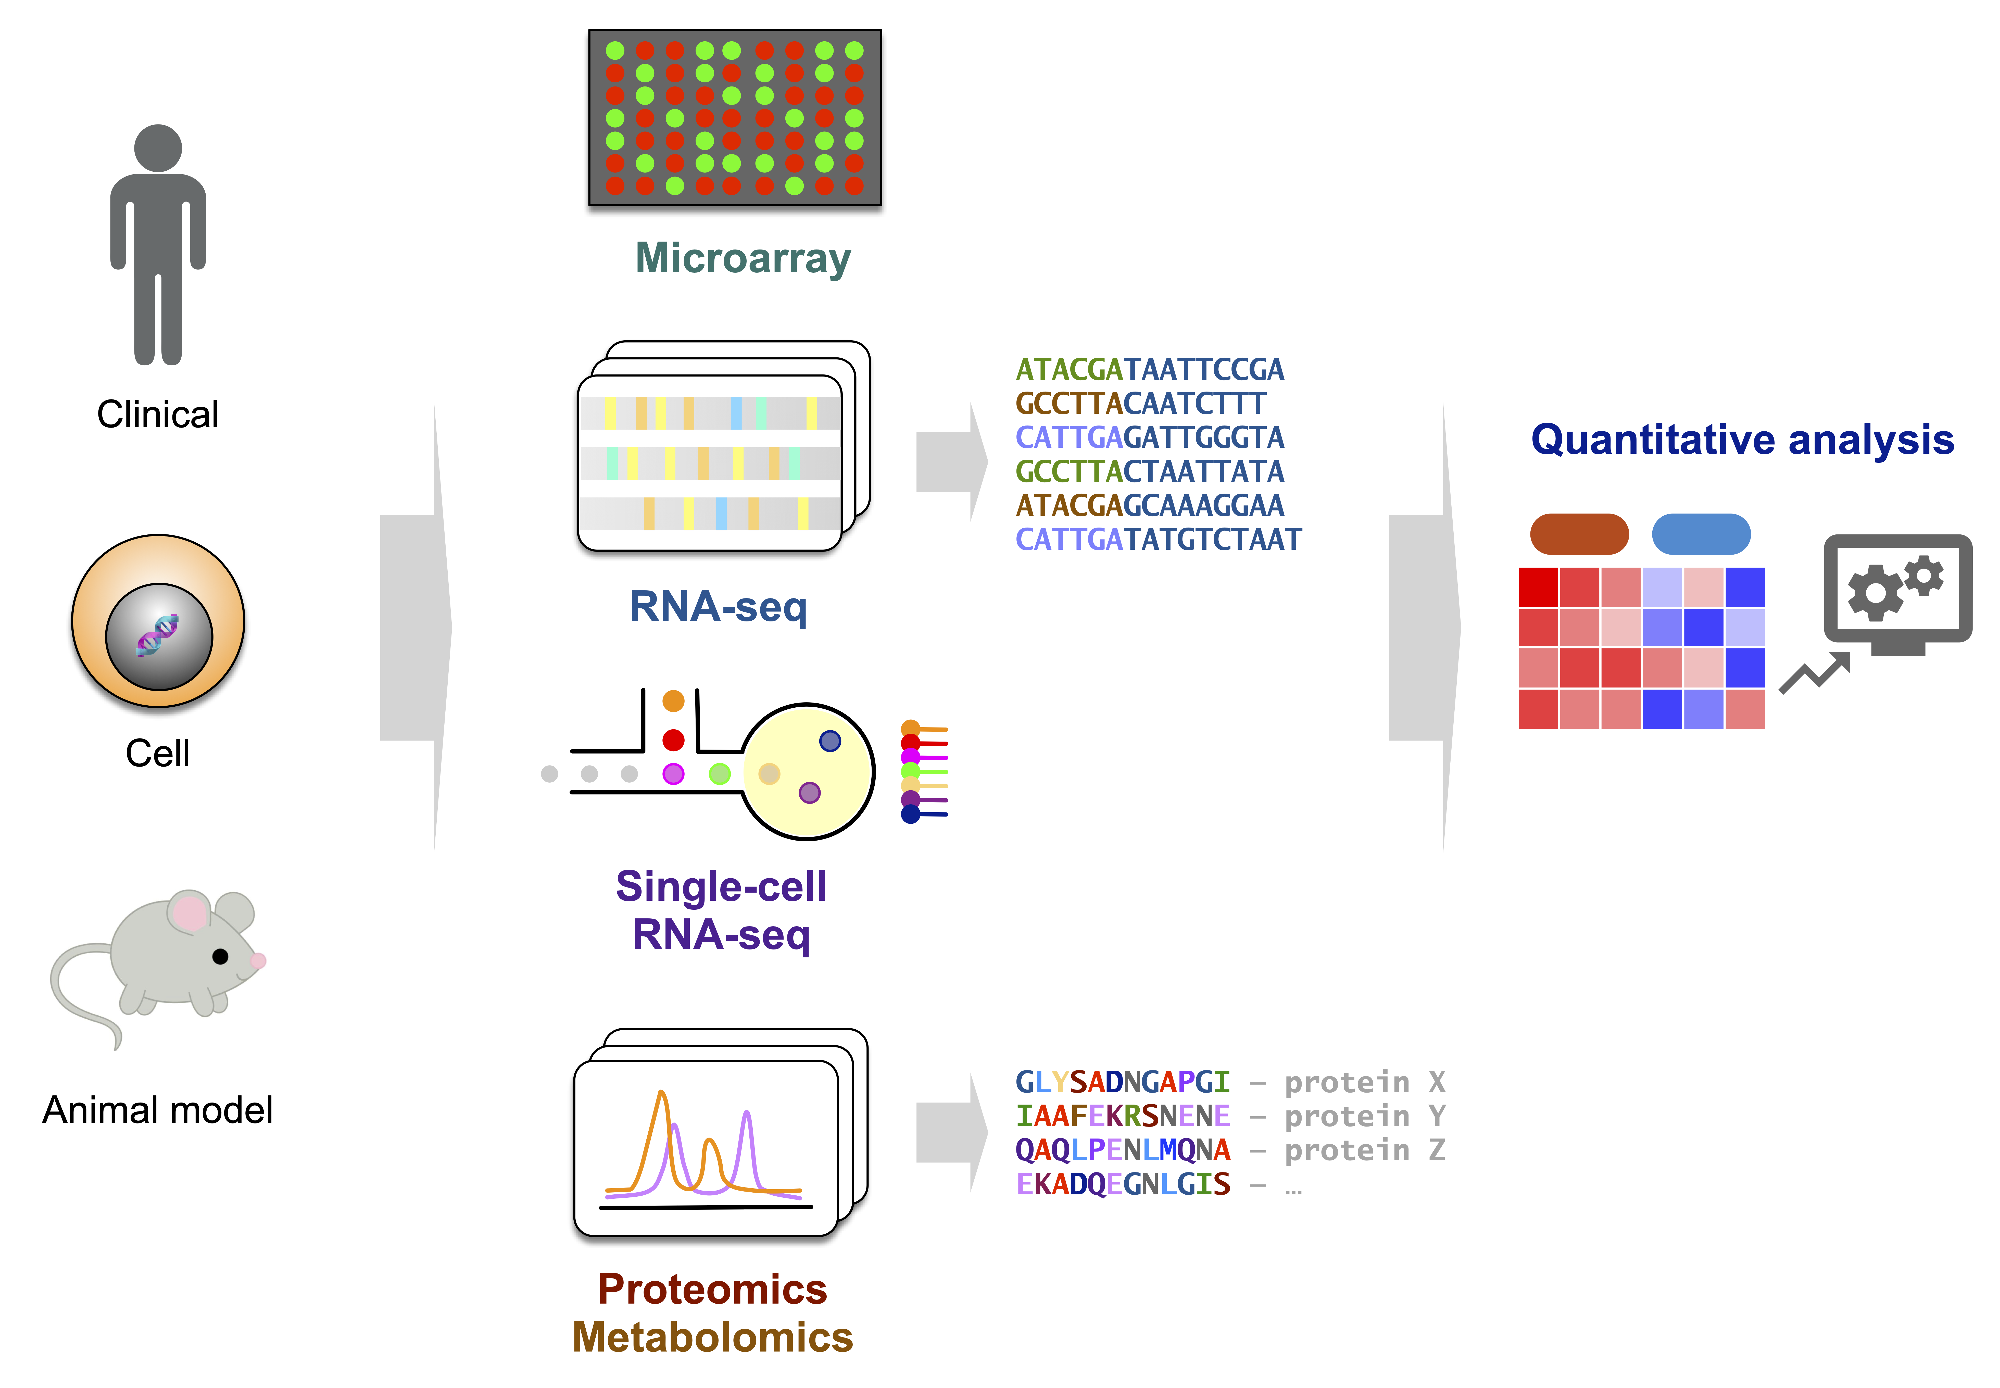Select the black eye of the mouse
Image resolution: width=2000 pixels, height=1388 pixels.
pyautogui.click(x=220, y=957)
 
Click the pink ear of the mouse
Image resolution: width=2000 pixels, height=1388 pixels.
pyautogui.click(x=189, y=913)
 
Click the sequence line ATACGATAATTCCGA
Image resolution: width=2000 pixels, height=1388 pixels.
pyautogui.click(x=1150, y=370)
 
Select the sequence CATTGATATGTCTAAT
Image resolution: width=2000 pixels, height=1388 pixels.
pyautogui.click(x=1158, y=540)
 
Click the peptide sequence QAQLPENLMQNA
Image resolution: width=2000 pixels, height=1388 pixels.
pyautogui.click(x=1123, y=1151)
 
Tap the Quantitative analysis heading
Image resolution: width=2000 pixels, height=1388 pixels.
pyautogui.click(x=1743, y=440)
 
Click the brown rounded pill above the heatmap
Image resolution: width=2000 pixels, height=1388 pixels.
pyautogui.click(x=1579, y=534)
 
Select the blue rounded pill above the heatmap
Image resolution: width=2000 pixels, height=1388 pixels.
pyautogui.click(x=1701, y=534)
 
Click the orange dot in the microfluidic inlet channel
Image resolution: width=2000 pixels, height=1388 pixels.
pyautogui.click(x=673, y=701)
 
